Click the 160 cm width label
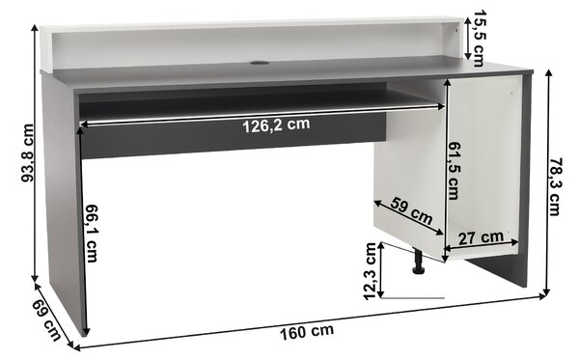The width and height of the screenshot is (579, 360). [x=307, y=332]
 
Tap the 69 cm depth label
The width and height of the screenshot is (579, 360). [x=47, y=320]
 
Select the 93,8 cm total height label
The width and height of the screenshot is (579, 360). [x=27, y=153]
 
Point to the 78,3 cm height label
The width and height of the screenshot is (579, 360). [x=555, y=186]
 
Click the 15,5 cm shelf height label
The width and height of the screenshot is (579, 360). [x=479, y=39]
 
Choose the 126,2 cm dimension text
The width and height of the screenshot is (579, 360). [x=276, y=125]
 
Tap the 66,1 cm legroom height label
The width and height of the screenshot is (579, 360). [x=92, y=234]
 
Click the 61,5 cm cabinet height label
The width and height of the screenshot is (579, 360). [x=454, y=172]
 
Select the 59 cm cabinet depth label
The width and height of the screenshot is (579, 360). [x=412, y=210]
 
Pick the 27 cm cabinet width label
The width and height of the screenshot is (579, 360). [x=481, y=237]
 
